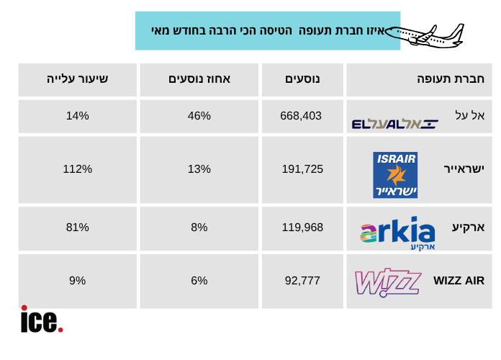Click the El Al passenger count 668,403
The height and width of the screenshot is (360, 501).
tap(301, 116)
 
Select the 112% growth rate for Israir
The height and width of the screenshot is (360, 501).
tap(78, 169)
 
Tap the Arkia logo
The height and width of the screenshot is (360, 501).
tap(397, 233)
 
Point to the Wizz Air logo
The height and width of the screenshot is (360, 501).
tap(388, 282)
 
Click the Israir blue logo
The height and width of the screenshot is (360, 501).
tap(395, 175)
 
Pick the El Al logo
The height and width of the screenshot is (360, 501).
tap(394, 124)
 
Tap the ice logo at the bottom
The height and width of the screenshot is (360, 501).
tap(42, 319)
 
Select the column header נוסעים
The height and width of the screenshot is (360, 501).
tap(303, 79)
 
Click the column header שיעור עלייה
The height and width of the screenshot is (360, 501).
tap(78, 79)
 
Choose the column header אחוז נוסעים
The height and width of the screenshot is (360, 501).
tap(199, 79)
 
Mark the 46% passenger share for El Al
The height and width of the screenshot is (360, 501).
tap(199, 116)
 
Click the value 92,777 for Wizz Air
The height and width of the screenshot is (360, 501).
tap(302, 281)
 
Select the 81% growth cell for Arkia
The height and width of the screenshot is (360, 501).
tap(78, 228)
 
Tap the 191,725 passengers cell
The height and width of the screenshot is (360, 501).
tap(302, 169)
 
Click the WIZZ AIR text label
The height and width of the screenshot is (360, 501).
tap(459, 281)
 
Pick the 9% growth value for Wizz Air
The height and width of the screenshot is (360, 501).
tap(78, 281)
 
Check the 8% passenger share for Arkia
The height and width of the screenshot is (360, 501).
tap(199, 228)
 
